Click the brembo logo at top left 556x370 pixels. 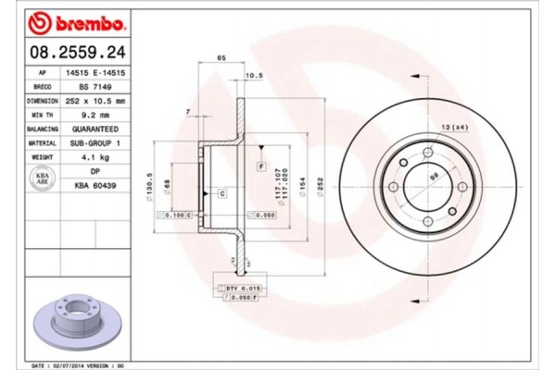tap(71, 21)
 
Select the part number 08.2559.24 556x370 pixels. tap(72, 51)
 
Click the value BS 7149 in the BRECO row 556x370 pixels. tap(95, 85)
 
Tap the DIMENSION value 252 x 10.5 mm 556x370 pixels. tap(95, 99)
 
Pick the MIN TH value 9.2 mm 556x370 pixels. tap(95, 115)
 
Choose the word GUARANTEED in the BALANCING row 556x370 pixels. tap(95, 129)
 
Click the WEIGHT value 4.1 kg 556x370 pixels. tap(95, 158)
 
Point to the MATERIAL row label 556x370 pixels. tap(43, 143)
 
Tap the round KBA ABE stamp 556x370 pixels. tap(42, 179)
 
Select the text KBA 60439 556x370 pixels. tap(95, 186)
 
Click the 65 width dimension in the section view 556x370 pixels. tap(221, 58)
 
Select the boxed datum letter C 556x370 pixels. tap(223, 192)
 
